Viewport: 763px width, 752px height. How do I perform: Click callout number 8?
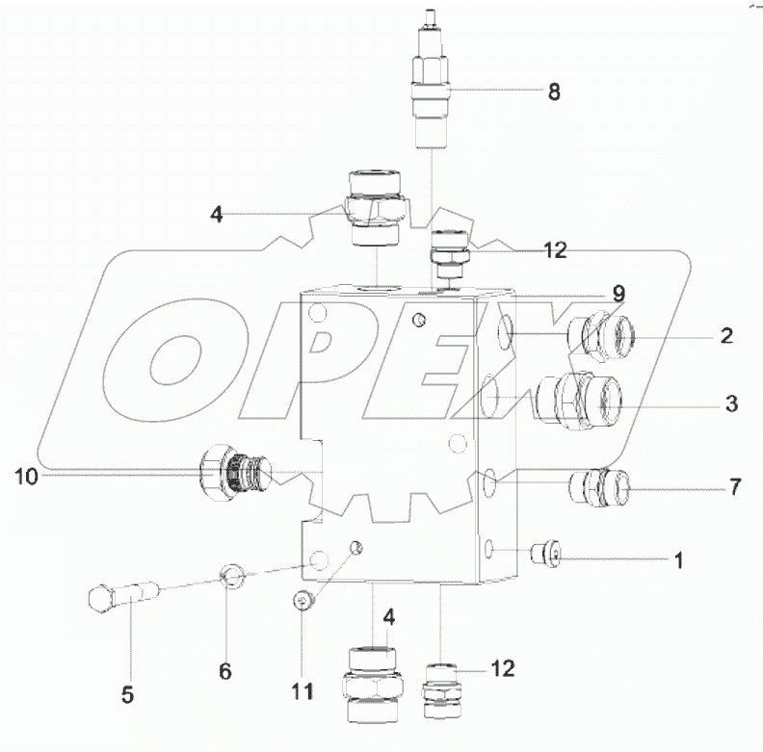coord(553,92)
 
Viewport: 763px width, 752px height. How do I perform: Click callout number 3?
coord(731,404)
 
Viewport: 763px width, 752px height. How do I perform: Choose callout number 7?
coord(734,487)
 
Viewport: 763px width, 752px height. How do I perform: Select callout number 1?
coord(678,559)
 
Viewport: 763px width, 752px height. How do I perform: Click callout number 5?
coord(127,693)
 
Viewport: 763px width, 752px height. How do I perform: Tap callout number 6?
coord(224,671)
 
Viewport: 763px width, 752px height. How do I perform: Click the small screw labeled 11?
coord(302,601)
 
